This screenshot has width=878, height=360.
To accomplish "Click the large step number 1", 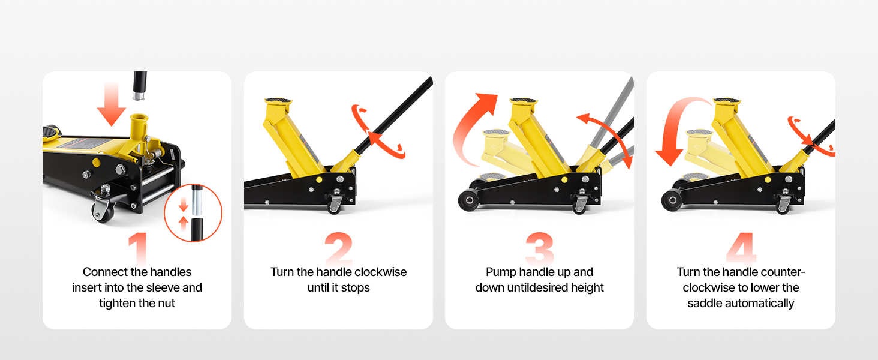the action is pyautogui.click(x=138, y=248).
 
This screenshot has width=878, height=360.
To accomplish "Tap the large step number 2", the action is pyautogui.click(x=339, y=248).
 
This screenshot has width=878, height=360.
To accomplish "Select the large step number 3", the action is pyautogui.click(x=540, y=248).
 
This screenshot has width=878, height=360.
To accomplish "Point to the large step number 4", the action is pyautogui.click(x=741, y=248).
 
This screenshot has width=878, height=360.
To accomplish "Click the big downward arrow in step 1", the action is pyautogui.click(x=112, y=104).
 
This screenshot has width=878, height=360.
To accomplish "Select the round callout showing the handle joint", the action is pyautogui.click(x=193, y=213).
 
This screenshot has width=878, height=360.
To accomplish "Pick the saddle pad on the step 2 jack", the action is pyautogui.click(x=278, y=101).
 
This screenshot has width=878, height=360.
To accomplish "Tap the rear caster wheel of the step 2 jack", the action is pyautogui.click(x=334, y=205).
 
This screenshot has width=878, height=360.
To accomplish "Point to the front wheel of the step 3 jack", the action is pyautogui.click(x=469, y=200).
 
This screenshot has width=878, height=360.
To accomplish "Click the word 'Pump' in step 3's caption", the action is pyautogui.click(x=499, y=272).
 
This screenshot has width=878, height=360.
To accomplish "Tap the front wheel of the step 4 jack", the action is pyautogui.click(x=672, y=200).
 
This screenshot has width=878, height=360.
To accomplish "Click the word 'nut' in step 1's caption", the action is pyautogui.click(x=166, y=303).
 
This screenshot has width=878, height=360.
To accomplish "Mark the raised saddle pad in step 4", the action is pyautogui.click(x=727, y=101).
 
